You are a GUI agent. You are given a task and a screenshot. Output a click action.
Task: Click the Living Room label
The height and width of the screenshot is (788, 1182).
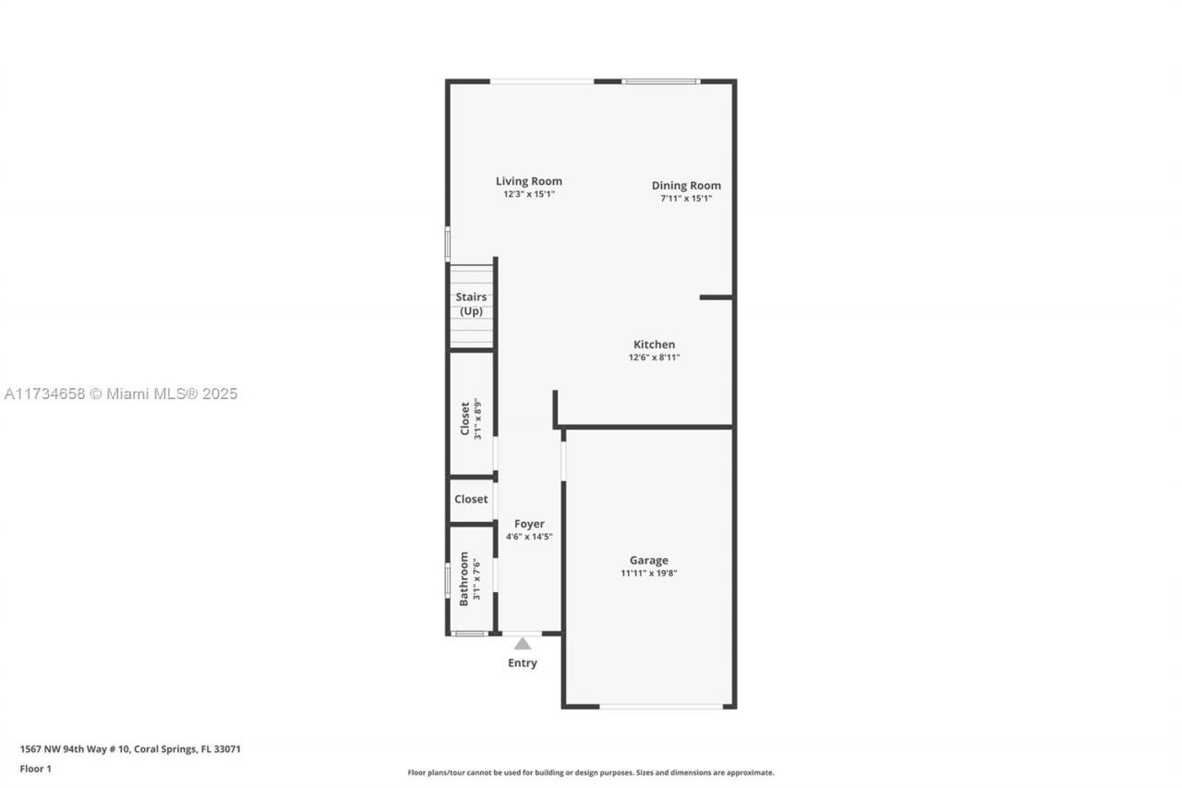(x=528, y=181)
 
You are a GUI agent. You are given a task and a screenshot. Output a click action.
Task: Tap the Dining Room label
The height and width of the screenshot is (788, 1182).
(x=686, y=185)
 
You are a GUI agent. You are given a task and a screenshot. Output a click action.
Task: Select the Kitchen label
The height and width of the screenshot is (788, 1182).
(x=654, y=345)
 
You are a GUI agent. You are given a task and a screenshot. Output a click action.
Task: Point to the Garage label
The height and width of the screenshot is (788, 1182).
(x=648, y=560)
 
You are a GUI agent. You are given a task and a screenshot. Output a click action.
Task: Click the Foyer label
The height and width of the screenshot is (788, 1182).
(x=529, y=524)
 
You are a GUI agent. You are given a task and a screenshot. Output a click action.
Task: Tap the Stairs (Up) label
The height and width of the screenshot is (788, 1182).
(x=471, y=304)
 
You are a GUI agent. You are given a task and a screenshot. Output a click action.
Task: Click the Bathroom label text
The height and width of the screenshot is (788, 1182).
(x=464, y=578)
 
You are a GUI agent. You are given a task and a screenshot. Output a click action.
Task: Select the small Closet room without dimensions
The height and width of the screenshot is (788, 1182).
(x=471, y=499)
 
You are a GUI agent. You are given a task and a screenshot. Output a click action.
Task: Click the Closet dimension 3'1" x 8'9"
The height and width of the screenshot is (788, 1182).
(x=477, y=418)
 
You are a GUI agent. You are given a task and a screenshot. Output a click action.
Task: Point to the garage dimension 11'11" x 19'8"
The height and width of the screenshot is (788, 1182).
(x=648, y=574)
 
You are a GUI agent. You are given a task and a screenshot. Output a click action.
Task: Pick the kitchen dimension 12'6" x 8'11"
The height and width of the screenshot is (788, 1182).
(x=654, y=358)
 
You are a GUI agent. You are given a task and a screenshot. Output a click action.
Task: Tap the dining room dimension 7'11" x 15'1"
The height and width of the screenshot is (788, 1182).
(x=686, y=199)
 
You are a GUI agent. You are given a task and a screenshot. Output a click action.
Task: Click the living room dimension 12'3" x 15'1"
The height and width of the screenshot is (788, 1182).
(x=528, y=195)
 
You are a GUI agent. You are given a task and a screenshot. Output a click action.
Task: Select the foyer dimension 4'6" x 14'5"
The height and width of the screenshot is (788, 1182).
(x=529, y=537)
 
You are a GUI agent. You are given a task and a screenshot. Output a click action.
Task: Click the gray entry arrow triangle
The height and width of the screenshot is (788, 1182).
(x=523, y=643)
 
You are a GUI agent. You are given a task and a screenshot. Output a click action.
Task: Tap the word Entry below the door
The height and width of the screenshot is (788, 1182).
(x=523, y=662)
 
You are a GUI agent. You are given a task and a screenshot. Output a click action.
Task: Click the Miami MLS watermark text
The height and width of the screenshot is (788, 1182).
(x=121, y=394)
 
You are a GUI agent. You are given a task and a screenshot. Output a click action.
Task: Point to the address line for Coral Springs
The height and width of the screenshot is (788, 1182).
(x=130, y=749)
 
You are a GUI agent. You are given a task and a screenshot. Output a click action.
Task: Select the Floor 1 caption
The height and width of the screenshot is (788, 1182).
(x=36, y=769)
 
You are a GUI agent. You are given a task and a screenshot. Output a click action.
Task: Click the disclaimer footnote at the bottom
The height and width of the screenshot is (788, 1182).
(x=591, y=772)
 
